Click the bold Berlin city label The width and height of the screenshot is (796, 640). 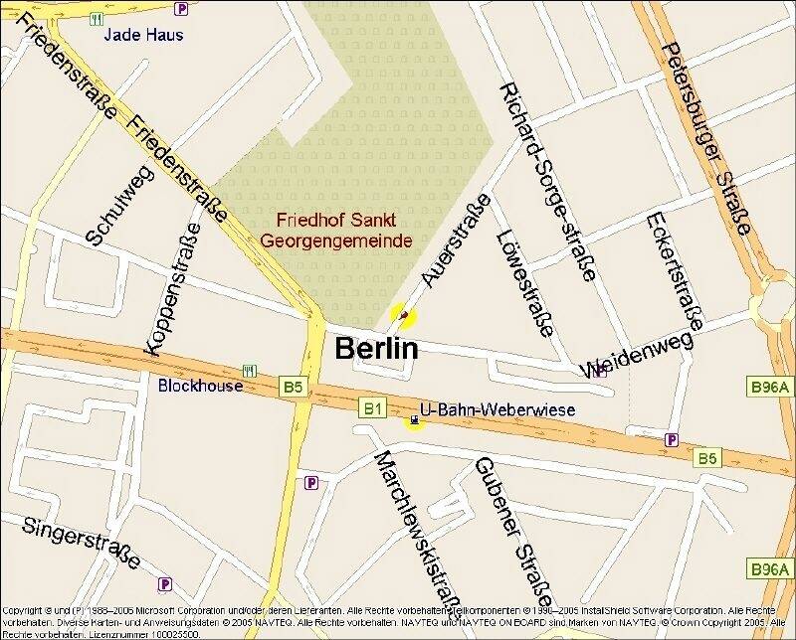coord(377,349)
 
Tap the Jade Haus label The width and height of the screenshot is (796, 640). coord(144,35)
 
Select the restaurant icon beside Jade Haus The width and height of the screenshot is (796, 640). coord(97,19)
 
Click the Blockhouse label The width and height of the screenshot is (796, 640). coord(200,386)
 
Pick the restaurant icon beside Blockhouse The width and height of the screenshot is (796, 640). coord(249,371)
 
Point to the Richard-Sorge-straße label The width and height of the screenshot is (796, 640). coord(549,181)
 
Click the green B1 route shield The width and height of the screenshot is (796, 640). coord(372,407)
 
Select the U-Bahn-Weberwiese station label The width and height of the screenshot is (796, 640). coord(484,409)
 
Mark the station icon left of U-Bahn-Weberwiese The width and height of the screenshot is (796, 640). coord(413,420)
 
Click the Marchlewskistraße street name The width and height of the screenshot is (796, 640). coord(416,528)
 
